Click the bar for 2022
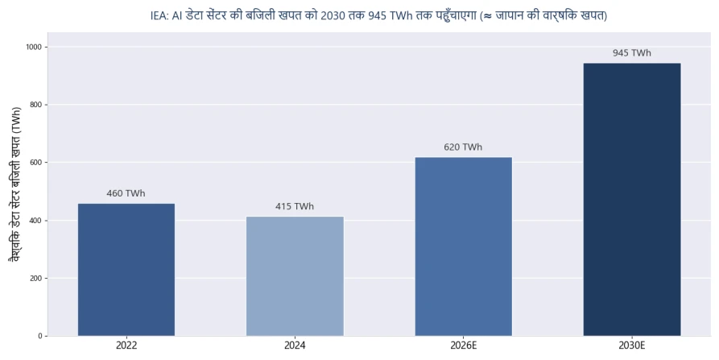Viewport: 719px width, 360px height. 126,270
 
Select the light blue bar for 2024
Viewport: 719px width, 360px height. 295,276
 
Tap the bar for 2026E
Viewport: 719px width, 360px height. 464,246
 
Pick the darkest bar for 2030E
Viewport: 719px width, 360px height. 632,200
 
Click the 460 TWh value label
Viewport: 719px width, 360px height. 126,193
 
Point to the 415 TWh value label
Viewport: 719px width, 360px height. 295,206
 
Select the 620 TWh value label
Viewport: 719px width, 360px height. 463,147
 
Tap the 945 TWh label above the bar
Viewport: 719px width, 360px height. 632,53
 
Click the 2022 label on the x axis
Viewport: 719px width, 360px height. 126,346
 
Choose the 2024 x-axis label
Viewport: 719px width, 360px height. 295,346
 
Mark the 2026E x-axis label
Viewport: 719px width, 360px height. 464,346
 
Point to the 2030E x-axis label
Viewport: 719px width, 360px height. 632,346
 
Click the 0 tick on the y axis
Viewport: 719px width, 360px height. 40,336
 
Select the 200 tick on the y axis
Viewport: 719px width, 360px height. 37,279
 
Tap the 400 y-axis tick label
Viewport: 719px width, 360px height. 37,221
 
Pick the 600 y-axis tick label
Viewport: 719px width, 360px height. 37,163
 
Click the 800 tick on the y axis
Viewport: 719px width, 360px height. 37,105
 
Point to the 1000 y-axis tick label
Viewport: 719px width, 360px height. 35,47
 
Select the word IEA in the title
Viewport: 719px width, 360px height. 159,15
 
